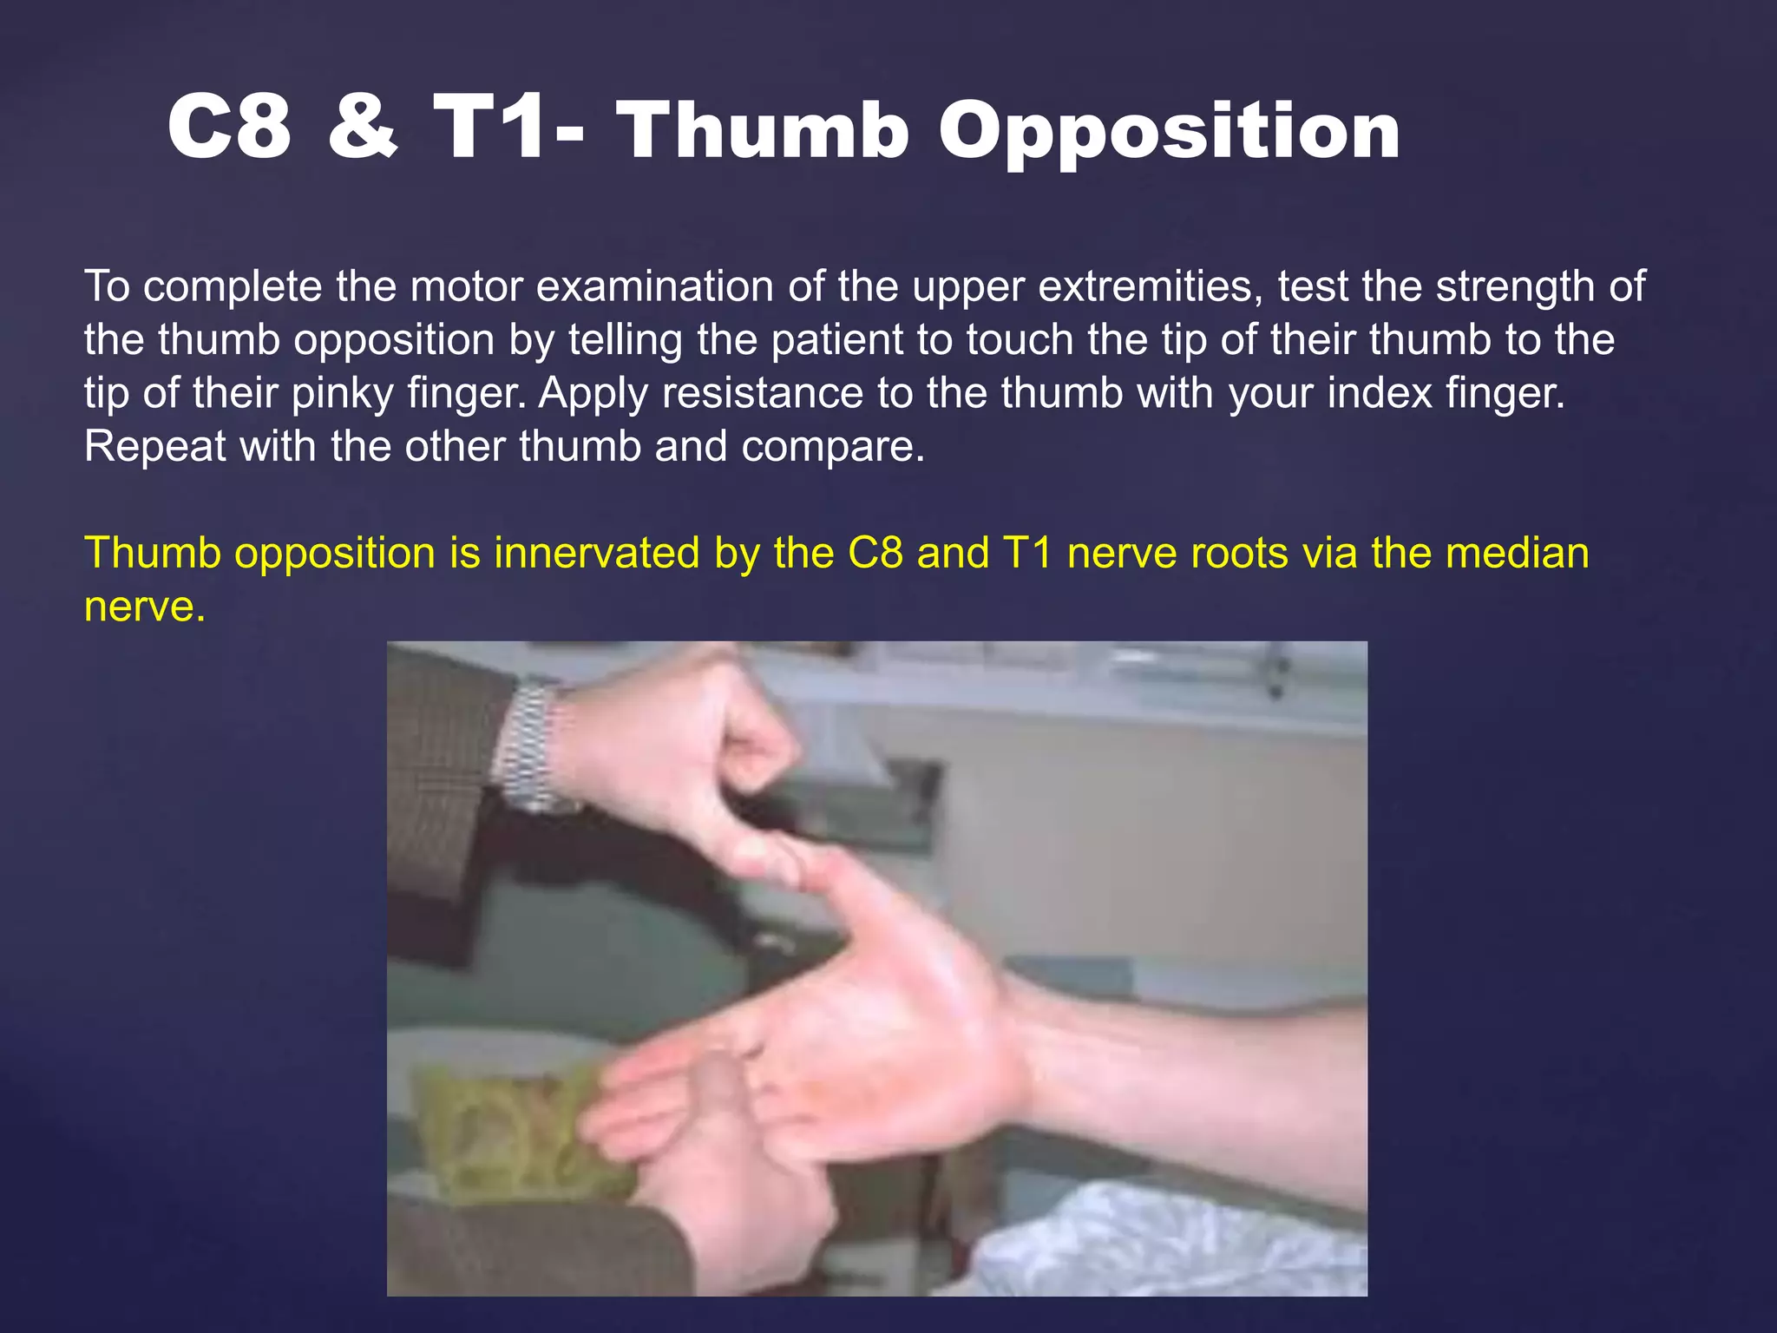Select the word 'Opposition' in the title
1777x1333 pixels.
click(1169, 132)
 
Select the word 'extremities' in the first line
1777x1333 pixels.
click(1148, 286)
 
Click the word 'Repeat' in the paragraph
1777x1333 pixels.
click(154, 447)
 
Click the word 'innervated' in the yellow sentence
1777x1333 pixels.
click(596, 553)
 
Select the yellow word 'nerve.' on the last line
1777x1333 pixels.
click(144, 606)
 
